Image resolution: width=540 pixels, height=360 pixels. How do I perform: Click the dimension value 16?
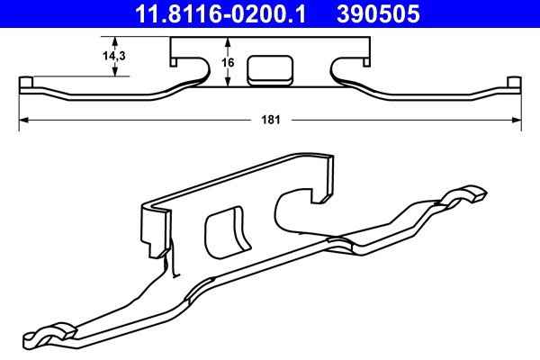228,63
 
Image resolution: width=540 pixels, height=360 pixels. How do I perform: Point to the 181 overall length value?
271,118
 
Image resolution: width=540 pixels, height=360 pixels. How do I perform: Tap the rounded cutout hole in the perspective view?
226,232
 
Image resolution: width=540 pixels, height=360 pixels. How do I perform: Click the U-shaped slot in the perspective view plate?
297,207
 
